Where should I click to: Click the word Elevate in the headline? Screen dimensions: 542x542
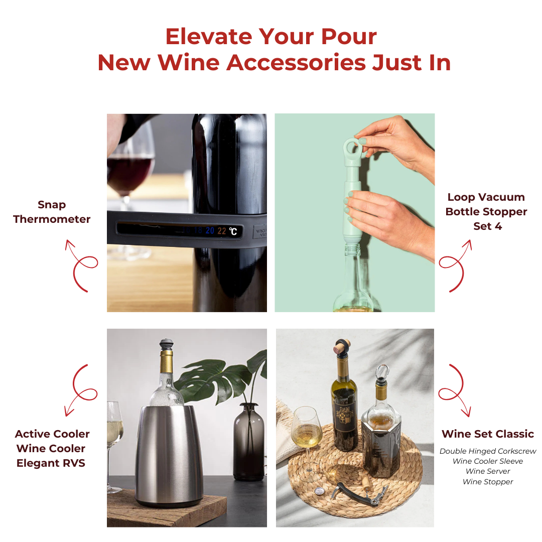pyautogui.click(x=209, y=36)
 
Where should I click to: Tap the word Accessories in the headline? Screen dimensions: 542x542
pyautogui.click(x=296, y=63)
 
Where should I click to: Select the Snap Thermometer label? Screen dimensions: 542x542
pyautogui.click(x=52, y=212)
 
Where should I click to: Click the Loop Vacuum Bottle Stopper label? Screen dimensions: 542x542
pyautogui.click(x=486, y=212)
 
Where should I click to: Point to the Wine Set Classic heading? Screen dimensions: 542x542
pyautogui.click(x=488, y=434)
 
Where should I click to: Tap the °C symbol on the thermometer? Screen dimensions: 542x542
pyautogui.click(x=233, y=231)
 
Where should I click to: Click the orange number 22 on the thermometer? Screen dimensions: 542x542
pyautogui.click(x=222, y=231)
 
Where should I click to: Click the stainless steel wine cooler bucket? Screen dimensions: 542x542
pyautogui.click(x=169, y=456)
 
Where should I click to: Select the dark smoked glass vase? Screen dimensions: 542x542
pyautogui.click(x=249, y=442)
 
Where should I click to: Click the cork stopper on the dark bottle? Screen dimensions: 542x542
pyautogui.click(x=342, y=347)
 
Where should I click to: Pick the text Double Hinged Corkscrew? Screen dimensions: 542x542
pyautogui.click(x=488, y=451)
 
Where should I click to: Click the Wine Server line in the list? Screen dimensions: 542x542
pyautogui.click(x=488, y=471)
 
